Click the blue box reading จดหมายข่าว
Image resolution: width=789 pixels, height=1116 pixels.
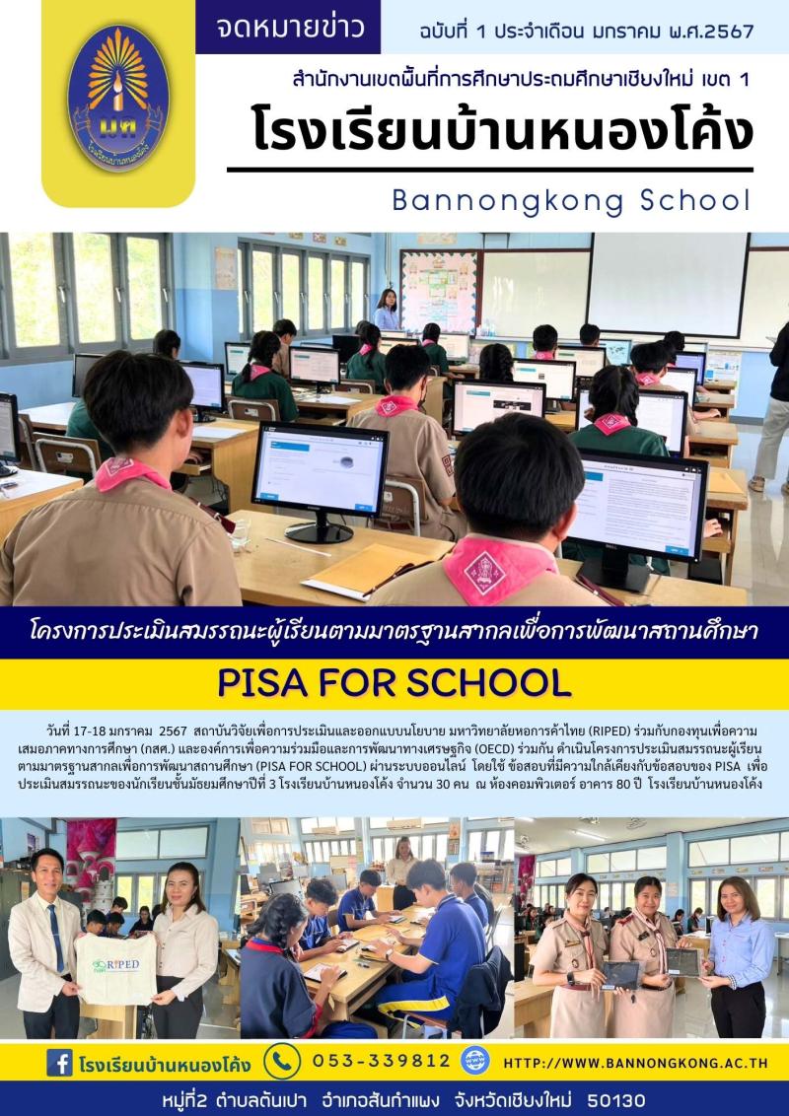(x=287, y=27)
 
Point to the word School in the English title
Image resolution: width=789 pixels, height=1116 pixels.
(x=693, y=200)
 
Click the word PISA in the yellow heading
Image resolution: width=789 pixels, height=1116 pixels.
(x=264, y=682)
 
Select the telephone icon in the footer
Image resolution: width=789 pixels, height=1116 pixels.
(x=282, y=1062)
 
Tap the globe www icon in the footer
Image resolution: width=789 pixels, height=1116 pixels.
(x=475, y=1061)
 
